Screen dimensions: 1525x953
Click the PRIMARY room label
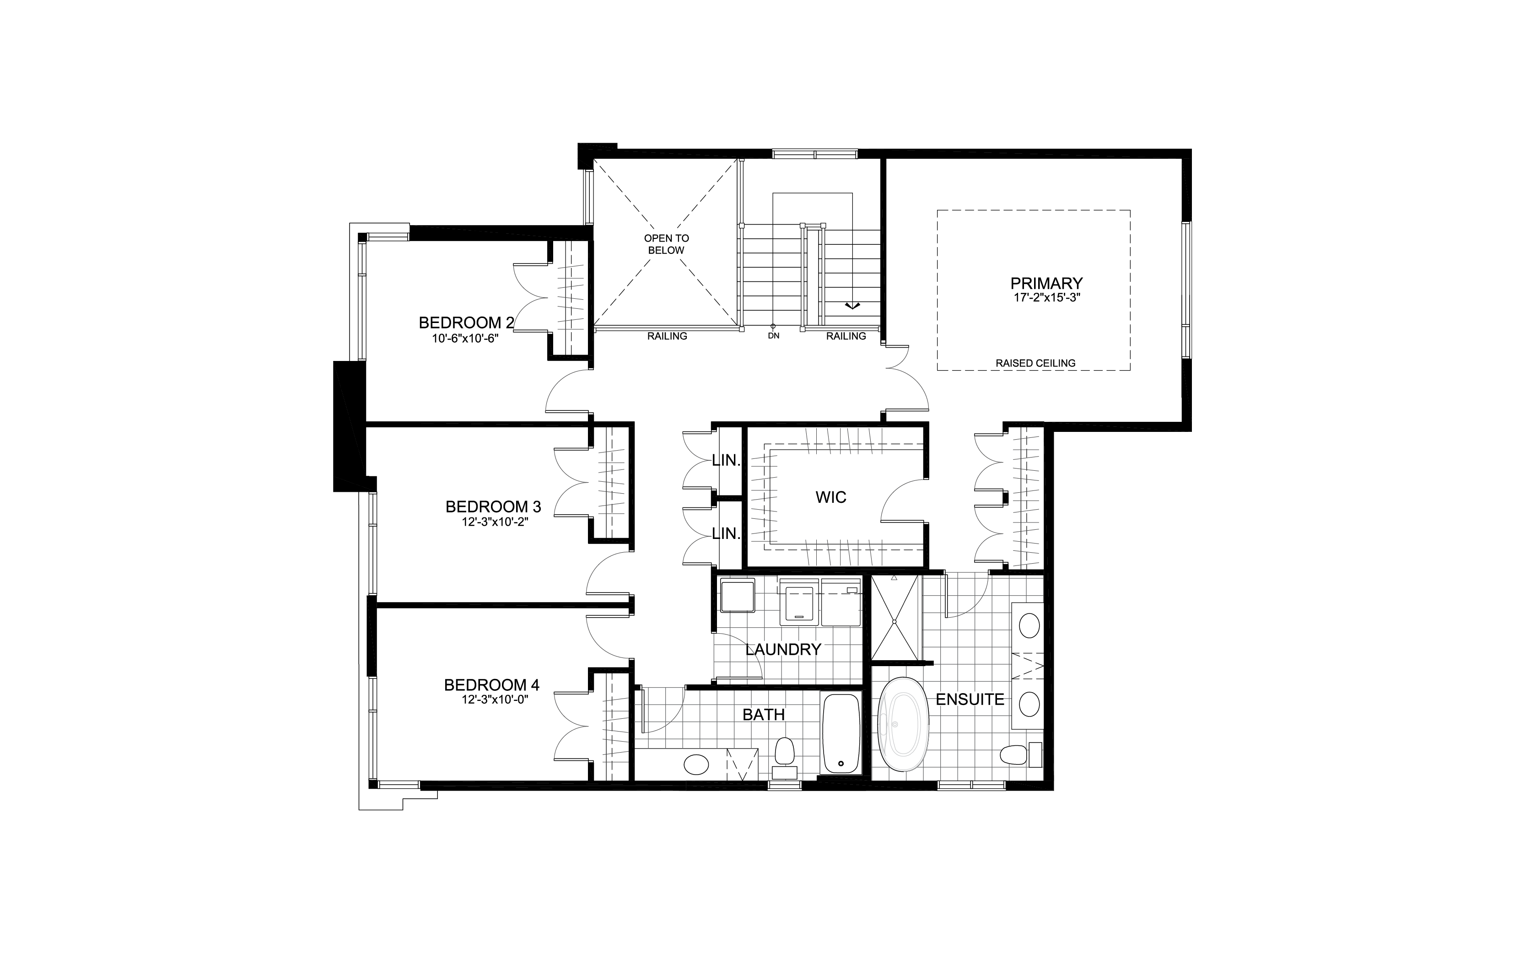[1047, 283]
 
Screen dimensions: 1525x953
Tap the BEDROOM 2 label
[466, 323]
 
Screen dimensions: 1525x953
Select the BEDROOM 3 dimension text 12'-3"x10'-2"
[494, 522]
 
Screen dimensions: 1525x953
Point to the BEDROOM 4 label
[491, 684]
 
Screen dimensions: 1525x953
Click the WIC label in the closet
[830, 497]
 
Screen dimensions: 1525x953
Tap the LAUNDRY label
[783, 649]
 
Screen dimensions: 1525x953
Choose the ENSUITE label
[970, 699]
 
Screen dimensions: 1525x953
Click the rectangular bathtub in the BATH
[841, 734]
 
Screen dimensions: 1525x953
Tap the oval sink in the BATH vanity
[696, 765]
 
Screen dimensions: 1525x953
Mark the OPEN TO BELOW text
[666, 244]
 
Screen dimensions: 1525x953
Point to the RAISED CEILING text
[1035, 363]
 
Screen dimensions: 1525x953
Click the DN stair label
[774, 336]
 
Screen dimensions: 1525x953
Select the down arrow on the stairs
[852, 306]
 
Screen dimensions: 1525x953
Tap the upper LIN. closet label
[726, 460]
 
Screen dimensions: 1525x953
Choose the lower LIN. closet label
[726, 533]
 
